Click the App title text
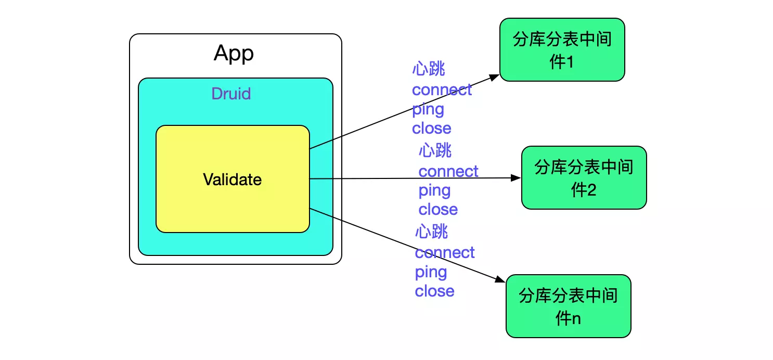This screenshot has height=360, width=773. point(234,54)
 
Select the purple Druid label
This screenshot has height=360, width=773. point(231,94)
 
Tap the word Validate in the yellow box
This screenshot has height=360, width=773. point(232,179)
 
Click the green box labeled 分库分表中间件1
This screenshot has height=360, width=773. point(562,50)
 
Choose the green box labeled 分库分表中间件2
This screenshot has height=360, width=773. point(584,178)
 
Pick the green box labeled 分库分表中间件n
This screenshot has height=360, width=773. point(568,306)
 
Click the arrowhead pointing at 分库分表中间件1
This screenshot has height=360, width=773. point(495,77)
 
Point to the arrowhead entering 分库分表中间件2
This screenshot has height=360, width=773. point(517,178)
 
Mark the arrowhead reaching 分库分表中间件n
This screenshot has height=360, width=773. point(500,280)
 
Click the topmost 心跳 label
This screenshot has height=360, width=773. point(429,69)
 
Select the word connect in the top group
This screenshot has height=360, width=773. point(442,90)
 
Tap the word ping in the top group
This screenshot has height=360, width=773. point(428,110)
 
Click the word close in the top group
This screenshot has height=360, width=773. point(431,128)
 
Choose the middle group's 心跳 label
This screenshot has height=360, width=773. point(435,151)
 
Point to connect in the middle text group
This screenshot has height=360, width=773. point(448,171)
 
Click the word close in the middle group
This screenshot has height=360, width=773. point(438,210)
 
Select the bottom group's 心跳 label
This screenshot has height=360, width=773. point(431,232)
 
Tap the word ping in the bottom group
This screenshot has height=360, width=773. point(431,272)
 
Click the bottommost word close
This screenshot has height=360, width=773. point(434,291)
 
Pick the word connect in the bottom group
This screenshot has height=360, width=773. point(445,253)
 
